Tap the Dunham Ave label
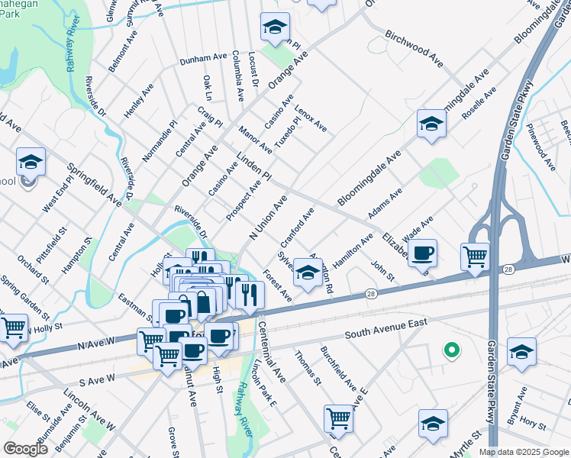[204, 58]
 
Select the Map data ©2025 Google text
[523, 452]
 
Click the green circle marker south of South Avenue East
[452, 351]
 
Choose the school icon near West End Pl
[31, 161]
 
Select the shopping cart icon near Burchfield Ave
[337, 417]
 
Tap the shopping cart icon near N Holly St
[13, 327]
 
